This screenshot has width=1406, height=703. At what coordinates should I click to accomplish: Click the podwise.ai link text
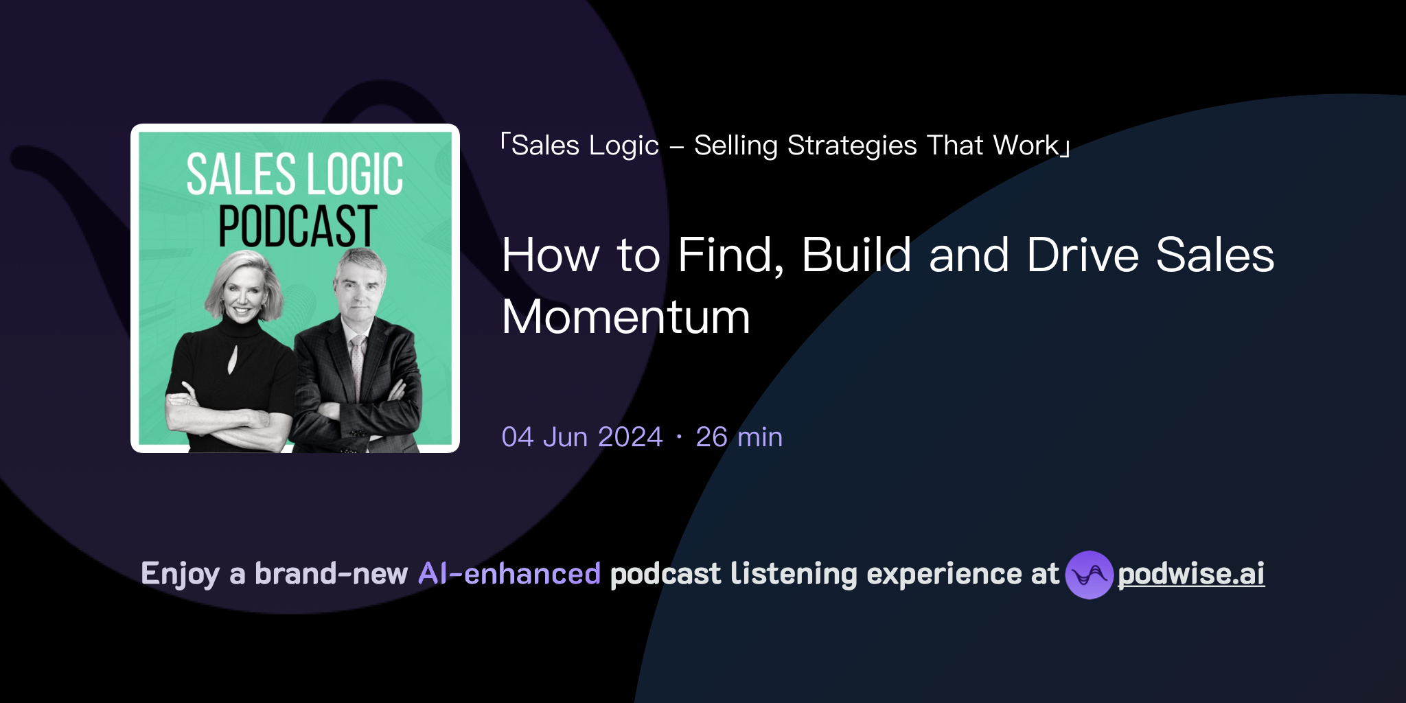(1191, 574)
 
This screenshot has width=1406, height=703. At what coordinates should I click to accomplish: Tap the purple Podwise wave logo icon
(1089, 575)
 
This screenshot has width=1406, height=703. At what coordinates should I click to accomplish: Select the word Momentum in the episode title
(626, 317)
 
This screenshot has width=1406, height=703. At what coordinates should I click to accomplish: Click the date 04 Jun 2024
(582, 437)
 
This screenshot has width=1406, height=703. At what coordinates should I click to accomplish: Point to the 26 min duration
(739, 437)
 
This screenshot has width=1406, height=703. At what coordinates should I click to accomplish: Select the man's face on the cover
(358, 292)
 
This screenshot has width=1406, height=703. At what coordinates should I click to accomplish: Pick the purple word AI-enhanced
(509, 574)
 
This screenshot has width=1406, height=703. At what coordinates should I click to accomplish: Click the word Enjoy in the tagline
(181, 574)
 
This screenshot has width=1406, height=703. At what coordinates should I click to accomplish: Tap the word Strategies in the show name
(851, 146)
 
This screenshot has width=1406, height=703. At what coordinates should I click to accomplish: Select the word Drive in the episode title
(1083, 255)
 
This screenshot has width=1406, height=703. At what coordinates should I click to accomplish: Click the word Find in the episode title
(730, 255)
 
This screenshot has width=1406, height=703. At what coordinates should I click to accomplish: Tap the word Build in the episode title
(857, 255)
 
